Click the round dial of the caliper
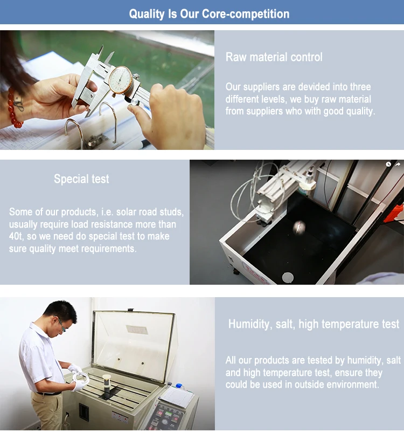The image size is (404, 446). tap(121, 80)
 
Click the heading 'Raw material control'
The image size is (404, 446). tap(274, 57)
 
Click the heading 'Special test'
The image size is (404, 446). tap(81, 179)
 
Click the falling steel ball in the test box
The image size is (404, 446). tap(299, 227)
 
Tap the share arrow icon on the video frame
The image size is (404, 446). tap(398, 164)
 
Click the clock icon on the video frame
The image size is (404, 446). tap(388, 164)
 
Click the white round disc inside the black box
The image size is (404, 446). tap(288, 277)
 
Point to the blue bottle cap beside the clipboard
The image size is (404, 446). tap(179, 386)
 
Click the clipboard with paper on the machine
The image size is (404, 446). tap(176, 396)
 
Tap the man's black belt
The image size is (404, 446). tap(49, 394)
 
